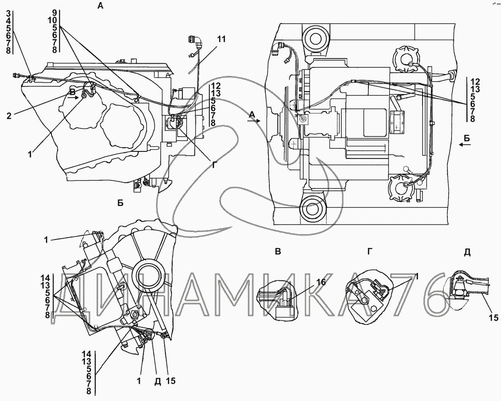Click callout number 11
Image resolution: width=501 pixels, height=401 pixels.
click(x=221, y=39)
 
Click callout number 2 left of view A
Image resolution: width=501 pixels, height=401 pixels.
click(x=9, y=116)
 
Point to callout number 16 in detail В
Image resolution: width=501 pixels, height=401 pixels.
click(x=321, y=282)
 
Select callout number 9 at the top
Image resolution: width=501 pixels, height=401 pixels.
click(x=54, y=13)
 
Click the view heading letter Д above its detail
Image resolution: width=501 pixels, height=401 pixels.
click(x=467, y=252)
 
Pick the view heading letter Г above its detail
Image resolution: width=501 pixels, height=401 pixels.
click(x=370, y=252)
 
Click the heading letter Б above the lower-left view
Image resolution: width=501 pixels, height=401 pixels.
click(x=120, y=203)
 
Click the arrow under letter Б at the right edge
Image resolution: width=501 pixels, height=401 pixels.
click(x=465, y=145)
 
